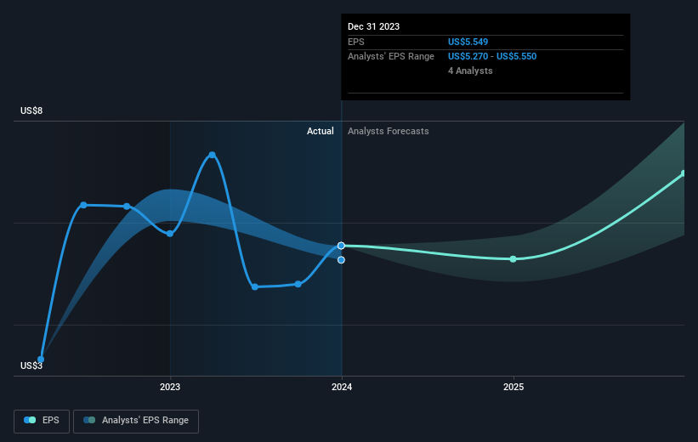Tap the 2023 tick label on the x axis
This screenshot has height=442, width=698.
170,387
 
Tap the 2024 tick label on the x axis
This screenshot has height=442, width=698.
342,387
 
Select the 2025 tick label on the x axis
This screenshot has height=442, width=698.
514,387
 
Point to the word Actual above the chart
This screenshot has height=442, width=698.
321,131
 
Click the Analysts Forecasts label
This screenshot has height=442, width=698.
388,131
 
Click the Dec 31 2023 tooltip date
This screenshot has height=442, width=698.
373,26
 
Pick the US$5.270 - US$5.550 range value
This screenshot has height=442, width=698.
492,56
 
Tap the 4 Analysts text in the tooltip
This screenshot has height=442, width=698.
470,71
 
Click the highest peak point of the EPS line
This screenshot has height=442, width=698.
212,155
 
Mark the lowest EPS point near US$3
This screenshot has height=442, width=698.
41,359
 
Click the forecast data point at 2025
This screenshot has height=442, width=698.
514,258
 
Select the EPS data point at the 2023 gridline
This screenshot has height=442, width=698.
170,233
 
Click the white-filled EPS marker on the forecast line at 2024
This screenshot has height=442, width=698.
341,245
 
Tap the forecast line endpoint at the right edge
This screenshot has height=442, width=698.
683,173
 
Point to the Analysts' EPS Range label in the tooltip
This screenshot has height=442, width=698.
391,56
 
